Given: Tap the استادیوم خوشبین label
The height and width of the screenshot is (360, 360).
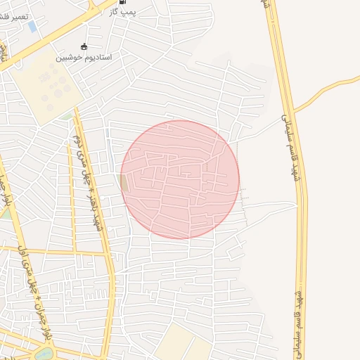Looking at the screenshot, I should click(84, 56).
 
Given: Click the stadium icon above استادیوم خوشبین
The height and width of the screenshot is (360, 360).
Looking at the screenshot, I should click(84, 46).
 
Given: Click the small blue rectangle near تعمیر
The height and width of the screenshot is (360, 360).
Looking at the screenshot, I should click(32, 27).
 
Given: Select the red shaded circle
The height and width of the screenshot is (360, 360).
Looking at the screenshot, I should click(180, 179).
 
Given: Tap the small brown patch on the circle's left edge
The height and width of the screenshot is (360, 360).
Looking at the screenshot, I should click(124, 183).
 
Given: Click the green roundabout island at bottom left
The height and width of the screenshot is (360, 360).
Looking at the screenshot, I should click(44, 354).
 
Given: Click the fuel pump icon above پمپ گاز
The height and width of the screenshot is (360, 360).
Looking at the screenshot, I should click(124, 2).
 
